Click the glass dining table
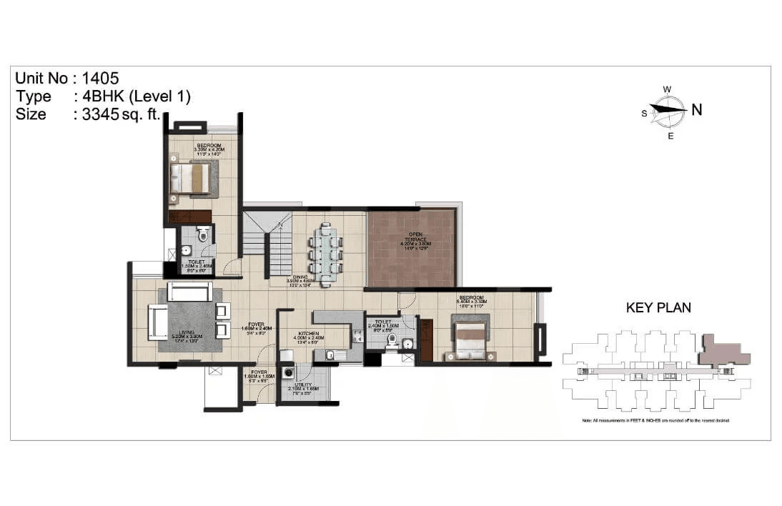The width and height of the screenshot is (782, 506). tap(327, 254)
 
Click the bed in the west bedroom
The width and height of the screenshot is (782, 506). tap(192, 177)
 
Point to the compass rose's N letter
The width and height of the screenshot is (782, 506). tap(696, 109)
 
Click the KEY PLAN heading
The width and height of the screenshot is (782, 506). tap(658, 308)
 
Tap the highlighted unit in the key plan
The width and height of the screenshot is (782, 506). tap(723, 352)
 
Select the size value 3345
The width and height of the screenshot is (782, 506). tap(96, 114)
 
